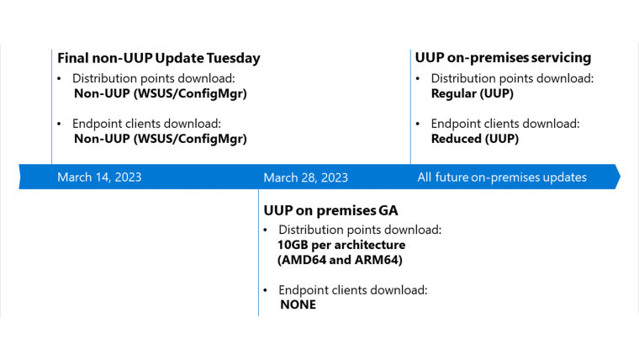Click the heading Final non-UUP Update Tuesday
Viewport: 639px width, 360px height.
[x=159, y=58]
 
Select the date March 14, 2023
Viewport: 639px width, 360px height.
[x=99, y=177]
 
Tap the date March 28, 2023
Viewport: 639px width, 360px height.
[x=305, y=177]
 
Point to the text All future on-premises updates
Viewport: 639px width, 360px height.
[x=502, y=177]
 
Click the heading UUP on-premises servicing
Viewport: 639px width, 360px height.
[x=503, y=58]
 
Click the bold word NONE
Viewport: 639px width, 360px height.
[x=298, y=304]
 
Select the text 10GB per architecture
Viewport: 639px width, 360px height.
[x=341, y=245]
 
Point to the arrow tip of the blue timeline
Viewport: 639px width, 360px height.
[x=618, y=177]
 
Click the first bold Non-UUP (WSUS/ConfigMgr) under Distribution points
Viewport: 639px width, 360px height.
[x=161, y=93]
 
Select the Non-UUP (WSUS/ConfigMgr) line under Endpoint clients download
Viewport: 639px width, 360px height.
[x=161, y=139]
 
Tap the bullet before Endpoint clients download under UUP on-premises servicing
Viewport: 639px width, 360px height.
[x=420, y=124]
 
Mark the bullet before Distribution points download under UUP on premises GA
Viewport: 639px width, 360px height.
[x=267, y=230]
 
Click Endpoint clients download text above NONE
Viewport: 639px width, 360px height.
[x=353, y=289]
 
